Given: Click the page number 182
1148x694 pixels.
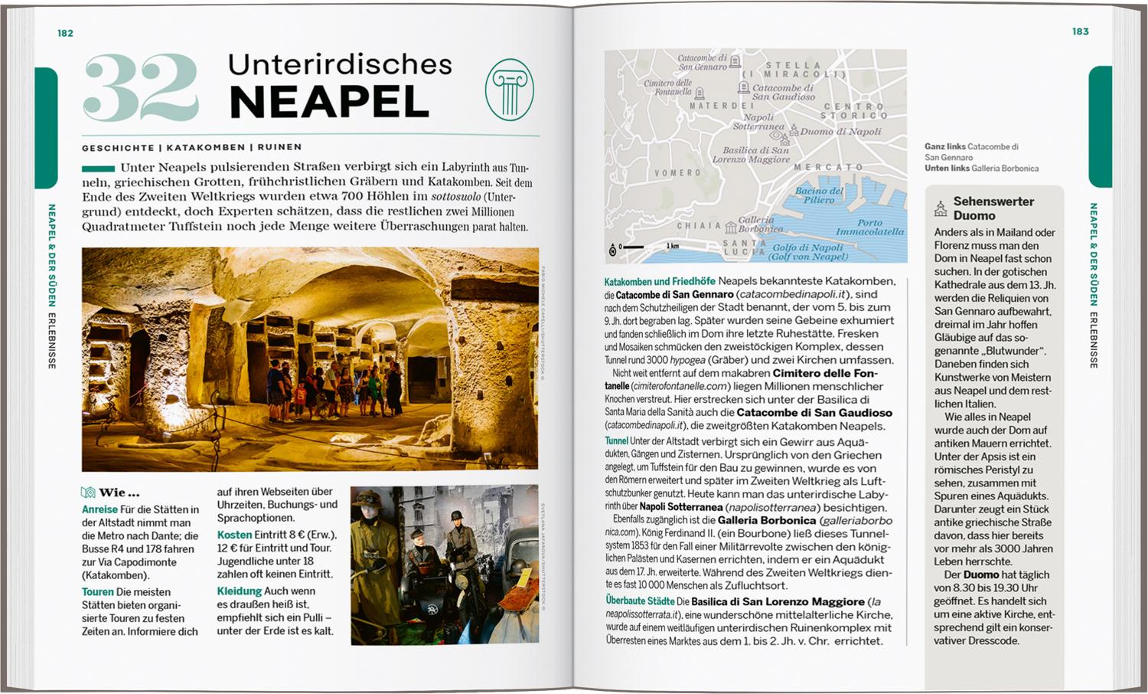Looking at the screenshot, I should (x=65, y=33).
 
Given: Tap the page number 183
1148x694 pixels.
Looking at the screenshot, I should (x=1080, y=31).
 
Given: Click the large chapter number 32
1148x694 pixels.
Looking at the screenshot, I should (x=141, y=88).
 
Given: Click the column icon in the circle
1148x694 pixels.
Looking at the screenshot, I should (x=509, y=90).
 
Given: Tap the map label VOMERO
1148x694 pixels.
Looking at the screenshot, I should (x=677, y=173).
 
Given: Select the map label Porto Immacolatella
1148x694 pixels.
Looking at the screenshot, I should (x=870, y=228).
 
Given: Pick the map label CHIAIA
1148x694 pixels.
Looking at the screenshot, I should (x=699, y=226).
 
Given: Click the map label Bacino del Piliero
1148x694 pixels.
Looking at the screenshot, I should (x=819, y=195).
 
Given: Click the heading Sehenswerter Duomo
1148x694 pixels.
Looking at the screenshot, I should (x=993, y=208).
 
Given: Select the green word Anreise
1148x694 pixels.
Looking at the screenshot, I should (x=99, y=509).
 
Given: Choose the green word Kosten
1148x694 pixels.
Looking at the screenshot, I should (x=234, y=535).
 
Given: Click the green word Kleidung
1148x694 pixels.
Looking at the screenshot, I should (x=239, y=591).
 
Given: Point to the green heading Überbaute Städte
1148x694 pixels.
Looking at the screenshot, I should (x=640, y=601).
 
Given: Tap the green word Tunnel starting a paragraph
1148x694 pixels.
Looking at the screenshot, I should (x=616, y=441).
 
